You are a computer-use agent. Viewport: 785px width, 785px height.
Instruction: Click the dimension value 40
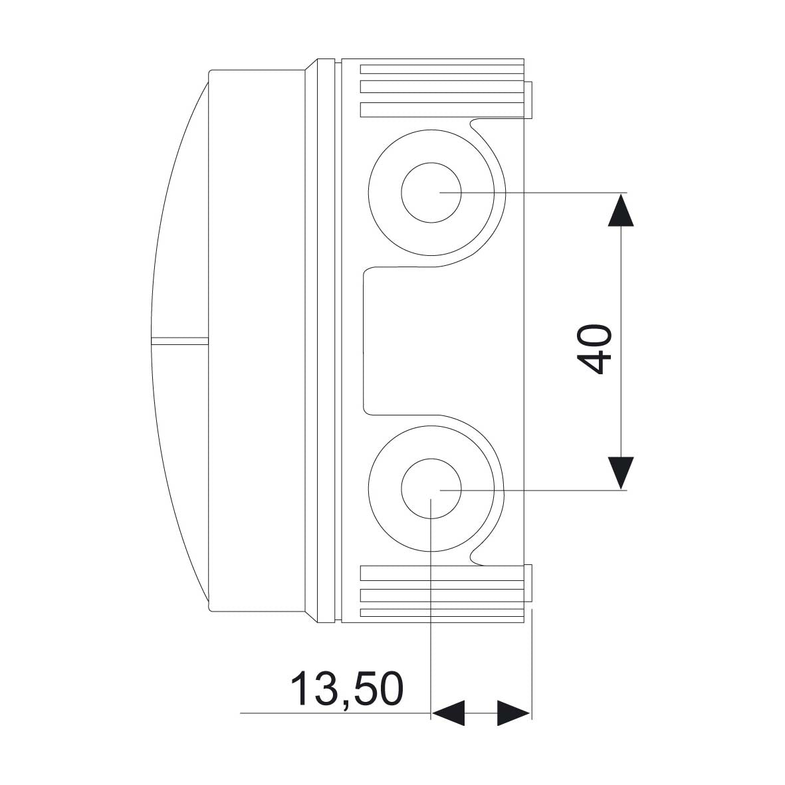(x=594, y=350)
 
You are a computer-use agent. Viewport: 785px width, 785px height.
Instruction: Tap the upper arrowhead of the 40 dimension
(x=621, y=210)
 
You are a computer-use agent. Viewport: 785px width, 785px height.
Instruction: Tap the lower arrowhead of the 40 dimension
(x=621, y=473)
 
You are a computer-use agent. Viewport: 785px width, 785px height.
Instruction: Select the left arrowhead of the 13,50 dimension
(x=448, y=713)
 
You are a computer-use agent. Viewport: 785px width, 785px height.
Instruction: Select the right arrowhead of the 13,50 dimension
(x=514, y=713)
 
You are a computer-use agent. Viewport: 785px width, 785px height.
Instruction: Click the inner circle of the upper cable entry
(x=431, y=192)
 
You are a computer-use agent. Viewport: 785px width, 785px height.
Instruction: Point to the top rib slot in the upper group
(x=442, y=69)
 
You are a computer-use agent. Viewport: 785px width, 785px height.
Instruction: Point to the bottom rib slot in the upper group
(x=442, y=110)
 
